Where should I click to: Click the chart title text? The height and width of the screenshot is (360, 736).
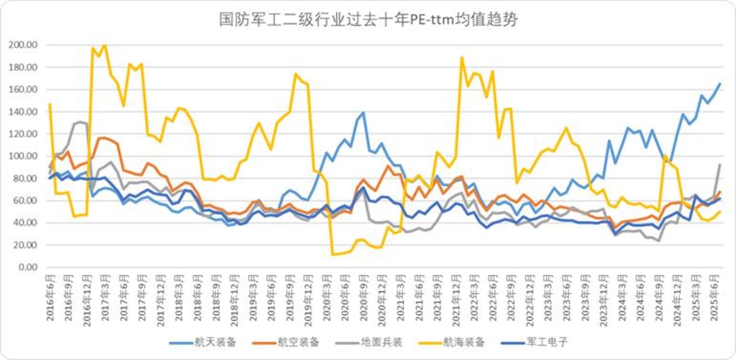pos(369,20)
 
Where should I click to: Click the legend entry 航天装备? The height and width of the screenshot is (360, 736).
pos(203,342)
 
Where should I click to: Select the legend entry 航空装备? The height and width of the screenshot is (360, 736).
pos(286,342)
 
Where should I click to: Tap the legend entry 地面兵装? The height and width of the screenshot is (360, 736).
pos(369,342)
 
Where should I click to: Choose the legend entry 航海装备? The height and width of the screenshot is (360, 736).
pos(451,342)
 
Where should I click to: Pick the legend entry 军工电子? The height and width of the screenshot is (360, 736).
pos(535,342)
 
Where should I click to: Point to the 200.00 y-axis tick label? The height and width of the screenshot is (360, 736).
pos(23,44)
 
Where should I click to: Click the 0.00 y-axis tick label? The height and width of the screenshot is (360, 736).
pos(28,267)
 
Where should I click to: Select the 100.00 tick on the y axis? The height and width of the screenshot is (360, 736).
pos(23,156)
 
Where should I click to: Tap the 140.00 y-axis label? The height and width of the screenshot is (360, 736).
pos(23,111)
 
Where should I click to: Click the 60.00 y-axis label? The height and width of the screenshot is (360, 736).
pos(26,200)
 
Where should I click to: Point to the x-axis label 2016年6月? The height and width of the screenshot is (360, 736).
pos(50,298)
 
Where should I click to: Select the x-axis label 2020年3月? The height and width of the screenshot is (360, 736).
pos(327,298)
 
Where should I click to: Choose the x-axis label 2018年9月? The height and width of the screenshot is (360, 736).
pos(216,298)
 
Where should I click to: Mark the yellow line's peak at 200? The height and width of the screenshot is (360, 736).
pos(105,45)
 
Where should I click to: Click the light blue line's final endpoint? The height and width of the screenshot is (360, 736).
pos(720,83)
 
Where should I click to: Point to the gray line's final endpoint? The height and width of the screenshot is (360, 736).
pos(720,164)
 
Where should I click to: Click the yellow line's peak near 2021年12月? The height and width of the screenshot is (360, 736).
pos(462,57)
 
